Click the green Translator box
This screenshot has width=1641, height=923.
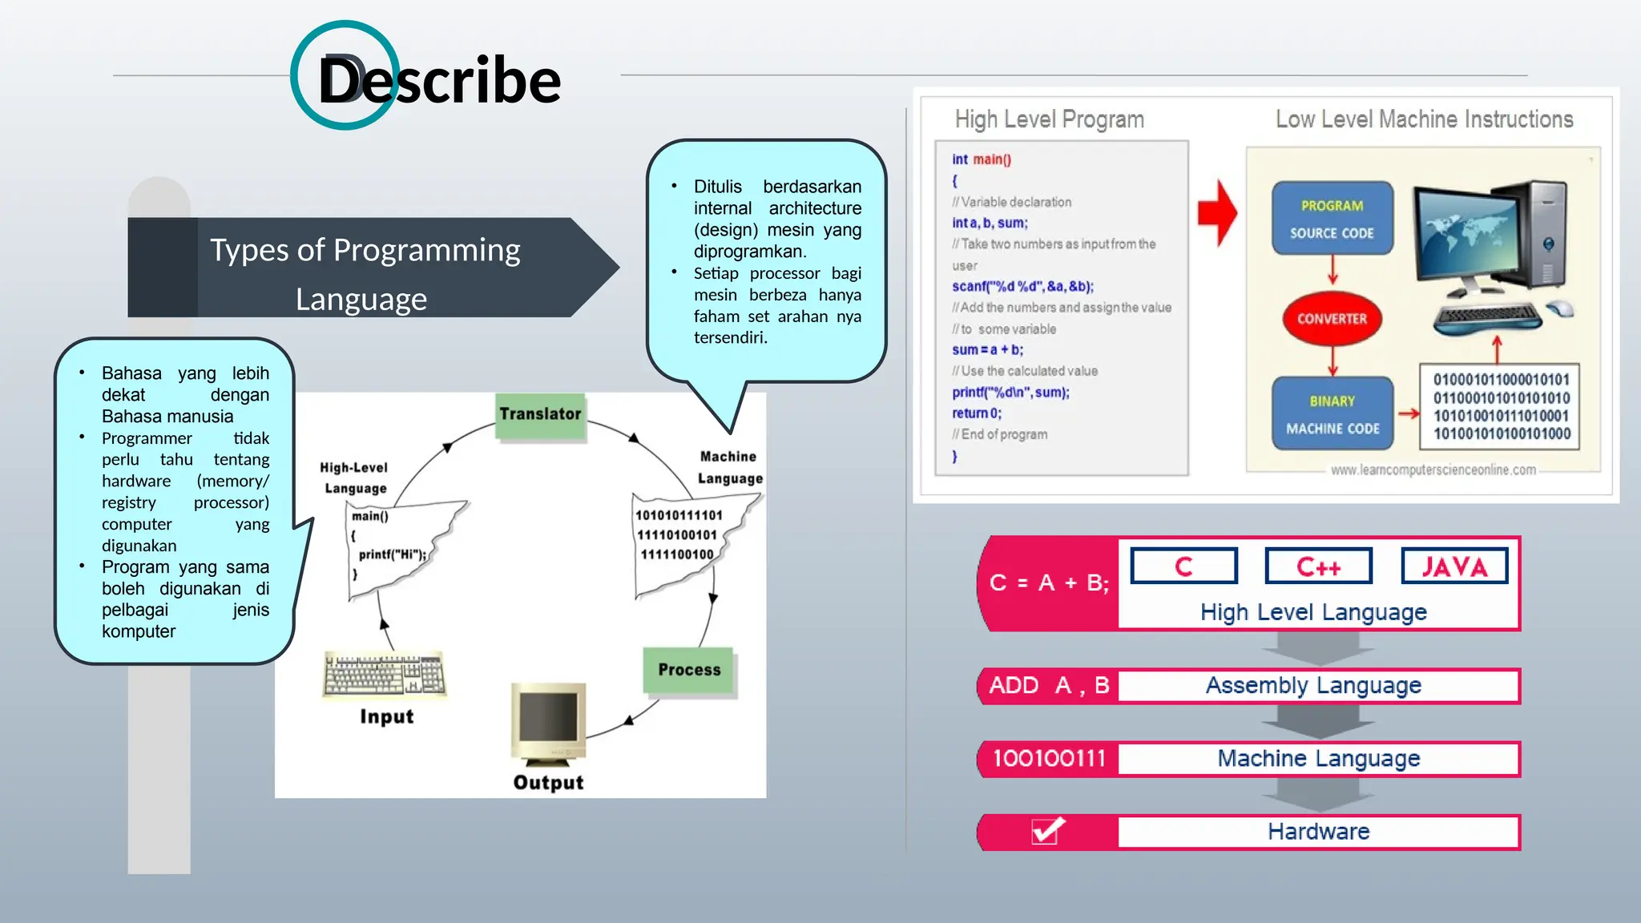coord(540,415)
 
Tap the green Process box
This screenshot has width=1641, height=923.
coord(689,670)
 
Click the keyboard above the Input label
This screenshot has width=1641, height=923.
coord(385,674)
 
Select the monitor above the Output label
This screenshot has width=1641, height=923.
coord(549,719)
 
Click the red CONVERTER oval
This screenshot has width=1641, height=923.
coord(1332,319)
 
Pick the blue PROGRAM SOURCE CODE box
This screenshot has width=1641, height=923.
coord(1332,219)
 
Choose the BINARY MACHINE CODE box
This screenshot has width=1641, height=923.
coord(1333,414)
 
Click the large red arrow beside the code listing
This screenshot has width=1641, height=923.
coord(1217,213)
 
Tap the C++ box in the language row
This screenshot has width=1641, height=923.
coord(1318,566)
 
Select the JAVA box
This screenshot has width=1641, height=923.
coord(1454,566)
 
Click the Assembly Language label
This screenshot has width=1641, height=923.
coord(1313,686)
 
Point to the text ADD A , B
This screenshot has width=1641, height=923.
coord(1049,686)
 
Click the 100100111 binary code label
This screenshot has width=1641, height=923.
coord(1049,759)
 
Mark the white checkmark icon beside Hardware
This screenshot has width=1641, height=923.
coord(1047,831)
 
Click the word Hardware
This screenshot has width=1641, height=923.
coord(1318,832)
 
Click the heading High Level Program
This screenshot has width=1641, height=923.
coord(1049,119)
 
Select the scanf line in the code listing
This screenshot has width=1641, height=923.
coord(1022,287)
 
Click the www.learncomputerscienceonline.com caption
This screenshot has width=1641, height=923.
coord(1433,470)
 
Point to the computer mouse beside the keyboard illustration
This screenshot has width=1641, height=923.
coord(1560,308)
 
